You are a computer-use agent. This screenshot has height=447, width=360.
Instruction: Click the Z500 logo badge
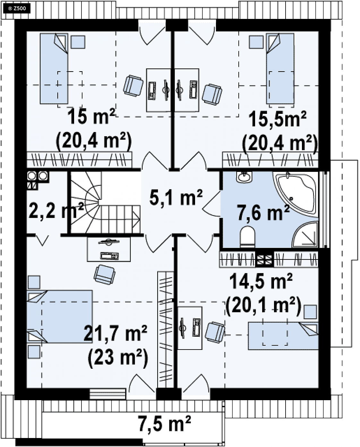coord(17,9)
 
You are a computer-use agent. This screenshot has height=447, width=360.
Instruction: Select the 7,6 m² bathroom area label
coord(263,213)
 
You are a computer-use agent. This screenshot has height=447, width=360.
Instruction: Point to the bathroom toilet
coord(247,236)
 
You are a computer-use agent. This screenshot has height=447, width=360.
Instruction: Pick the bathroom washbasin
coord(244,177)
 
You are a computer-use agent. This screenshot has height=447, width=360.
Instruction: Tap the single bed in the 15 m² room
coord(54,68)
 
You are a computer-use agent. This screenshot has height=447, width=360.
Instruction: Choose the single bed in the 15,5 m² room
coord(280,68)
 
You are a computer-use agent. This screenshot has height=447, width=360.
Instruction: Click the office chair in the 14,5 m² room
coord(215,332)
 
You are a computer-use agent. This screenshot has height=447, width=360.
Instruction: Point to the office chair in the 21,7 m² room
coord(105,274)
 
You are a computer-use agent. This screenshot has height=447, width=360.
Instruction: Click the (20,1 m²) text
coord(263,306)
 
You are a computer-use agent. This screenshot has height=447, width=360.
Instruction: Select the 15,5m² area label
coord(278,119)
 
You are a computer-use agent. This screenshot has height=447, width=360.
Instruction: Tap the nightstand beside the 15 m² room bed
coord(78,42)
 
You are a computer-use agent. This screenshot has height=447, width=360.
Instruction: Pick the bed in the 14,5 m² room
coord(284,336)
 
